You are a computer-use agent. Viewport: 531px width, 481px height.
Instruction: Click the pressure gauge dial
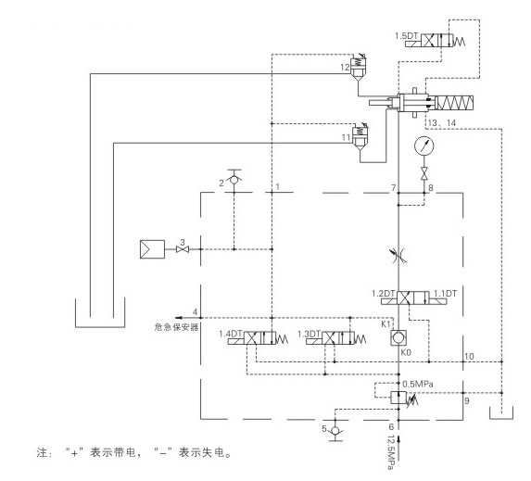tap(424, 146)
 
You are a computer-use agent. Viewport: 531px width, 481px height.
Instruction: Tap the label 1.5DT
tap(407, 36)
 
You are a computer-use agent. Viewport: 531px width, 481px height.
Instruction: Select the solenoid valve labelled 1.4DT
tap(258, 338)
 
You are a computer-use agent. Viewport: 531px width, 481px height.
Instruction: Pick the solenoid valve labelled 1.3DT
tap(336, 338)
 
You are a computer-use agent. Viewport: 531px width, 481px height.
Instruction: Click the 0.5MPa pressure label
tap(418, 384)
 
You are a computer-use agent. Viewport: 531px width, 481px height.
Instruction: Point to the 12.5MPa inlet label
tap(390, 452)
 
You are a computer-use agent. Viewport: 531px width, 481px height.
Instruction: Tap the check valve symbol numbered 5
tap(335, 431)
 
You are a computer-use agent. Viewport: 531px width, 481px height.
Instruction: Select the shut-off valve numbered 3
tap(183, 249)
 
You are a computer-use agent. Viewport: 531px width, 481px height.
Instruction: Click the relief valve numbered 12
tap(358, 67)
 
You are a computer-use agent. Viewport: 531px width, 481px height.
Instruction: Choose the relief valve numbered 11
tap(360, 136)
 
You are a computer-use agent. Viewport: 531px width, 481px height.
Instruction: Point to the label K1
tap(386, 323)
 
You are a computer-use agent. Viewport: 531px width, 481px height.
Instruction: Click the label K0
tap(406, 352)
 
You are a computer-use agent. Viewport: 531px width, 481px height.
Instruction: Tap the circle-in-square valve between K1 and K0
tap(398, 338)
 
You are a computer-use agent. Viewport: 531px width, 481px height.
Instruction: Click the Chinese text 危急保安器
tap(176, 327)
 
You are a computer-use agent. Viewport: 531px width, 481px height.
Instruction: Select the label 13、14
tap(442, 123)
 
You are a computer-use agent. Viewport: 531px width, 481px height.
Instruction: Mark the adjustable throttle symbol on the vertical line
tap(398, 256)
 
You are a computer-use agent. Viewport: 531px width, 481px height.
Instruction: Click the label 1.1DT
tap(445, 294)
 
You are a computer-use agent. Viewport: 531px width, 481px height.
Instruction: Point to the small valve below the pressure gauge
tap(424, 173)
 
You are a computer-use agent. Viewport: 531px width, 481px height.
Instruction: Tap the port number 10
tap(469, 356)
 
